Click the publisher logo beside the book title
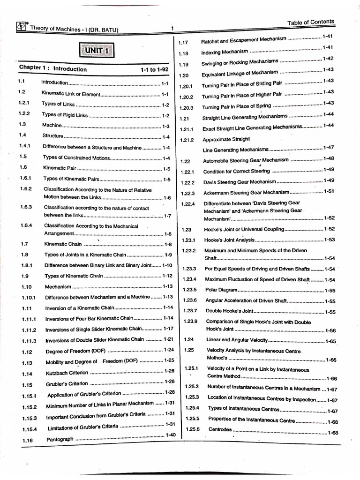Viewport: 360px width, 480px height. pyautogui.click(x=22, y=27)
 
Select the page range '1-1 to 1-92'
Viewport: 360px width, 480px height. pyautogui.click(x=154, y=69)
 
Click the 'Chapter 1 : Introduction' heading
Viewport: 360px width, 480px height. pyautogui.click(x=52, y=68)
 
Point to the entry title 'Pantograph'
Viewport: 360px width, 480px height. pyautogui.click(x=60, y=439)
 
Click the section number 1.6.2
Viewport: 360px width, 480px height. pyautogui.click(x=25, y=189)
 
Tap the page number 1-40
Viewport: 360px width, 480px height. pyautogui.click(x=170, y=435)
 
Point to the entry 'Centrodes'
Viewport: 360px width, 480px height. pyautogui.click(x=220, y=429)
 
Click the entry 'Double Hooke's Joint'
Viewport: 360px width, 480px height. pyautogui.click(x=229, y=312)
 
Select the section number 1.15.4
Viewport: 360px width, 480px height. pyautogui.click(x=29, y=429)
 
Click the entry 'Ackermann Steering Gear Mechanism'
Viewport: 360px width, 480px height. pyautogui.click(x=247, y=193)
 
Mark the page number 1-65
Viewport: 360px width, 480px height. pyautogui.click(x=330, y=341)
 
